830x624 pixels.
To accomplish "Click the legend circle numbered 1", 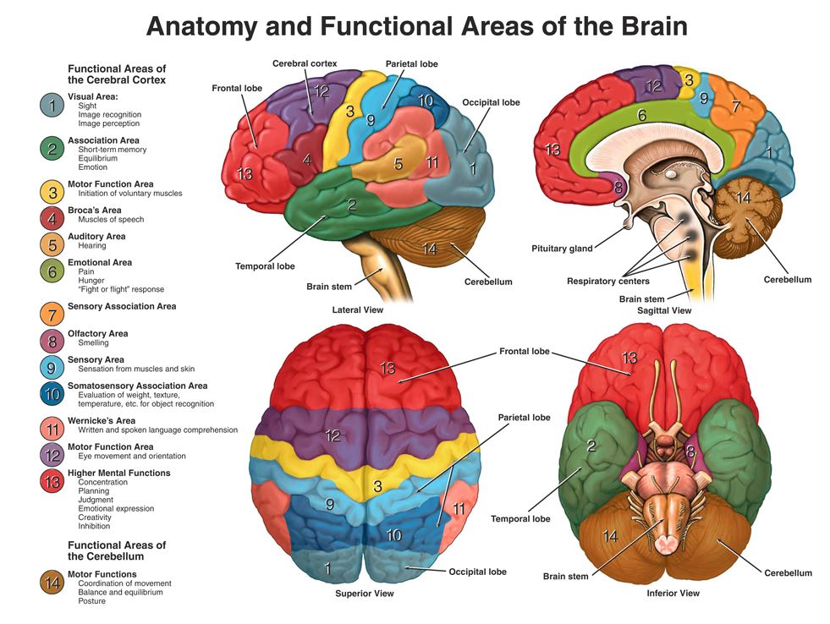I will coord(52,106).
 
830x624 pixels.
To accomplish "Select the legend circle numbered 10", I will coord(52,393).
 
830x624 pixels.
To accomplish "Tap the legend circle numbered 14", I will coord(52,582).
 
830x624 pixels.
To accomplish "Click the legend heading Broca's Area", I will coord(94,211).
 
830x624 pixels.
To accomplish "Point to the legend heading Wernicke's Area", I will coord(102,420).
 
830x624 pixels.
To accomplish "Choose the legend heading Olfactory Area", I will coord(98,333).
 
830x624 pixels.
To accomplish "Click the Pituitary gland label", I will coord(562,249).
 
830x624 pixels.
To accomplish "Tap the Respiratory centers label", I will coord(608,281).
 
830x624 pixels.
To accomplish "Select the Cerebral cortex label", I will coord(305,63).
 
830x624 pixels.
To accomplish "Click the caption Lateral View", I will coord(358,310).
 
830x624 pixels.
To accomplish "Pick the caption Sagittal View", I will coord(663,310).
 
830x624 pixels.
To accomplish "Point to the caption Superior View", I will coord(365,593).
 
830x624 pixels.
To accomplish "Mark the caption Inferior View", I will coord(673,593).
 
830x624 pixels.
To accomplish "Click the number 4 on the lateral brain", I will coord(307,159).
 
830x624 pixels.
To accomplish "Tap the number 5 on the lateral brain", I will coord(398,163).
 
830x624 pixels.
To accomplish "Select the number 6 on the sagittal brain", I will coord(641,115).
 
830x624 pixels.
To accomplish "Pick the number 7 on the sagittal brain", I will coord(735,107).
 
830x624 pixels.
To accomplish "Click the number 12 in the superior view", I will coord(333,436).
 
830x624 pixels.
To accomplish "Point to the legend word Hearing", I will coord(92,246).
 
